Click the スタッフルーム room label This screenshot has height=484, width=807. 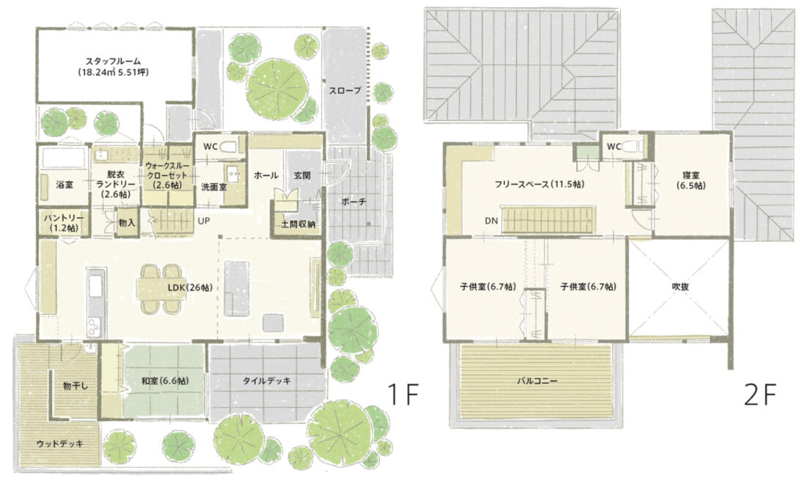pos(113,61)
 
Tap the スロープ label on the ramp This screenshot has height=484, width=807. pos(345,90)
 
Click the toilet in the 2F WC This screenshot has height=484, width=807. pos(632,147)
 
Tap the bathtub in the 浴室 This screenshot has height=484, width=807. pos(63,158)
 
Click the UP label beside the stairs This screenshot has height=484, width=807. pos(204,221)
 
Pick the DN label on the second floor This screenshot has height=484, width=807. pos(491,221)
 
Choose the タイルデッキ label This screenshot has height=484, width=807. pos(266,381)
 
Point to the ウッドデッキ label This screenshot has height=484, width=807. pos(59,444)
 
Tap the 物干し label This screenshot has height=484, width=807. pos(75,385)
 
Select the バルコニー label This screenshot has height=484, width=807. pos(537,381)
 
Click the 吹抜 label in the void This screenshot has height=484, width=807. pos(680,287)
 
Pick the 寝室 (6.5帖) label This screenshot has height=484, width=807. pos(690,180)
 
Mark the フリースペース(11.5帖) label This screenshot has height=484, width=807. pos(539,183)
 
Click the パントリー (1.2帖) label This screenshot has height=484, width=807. pos(63,222)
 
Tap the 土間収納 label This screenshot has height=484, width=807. pos(298,224)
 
